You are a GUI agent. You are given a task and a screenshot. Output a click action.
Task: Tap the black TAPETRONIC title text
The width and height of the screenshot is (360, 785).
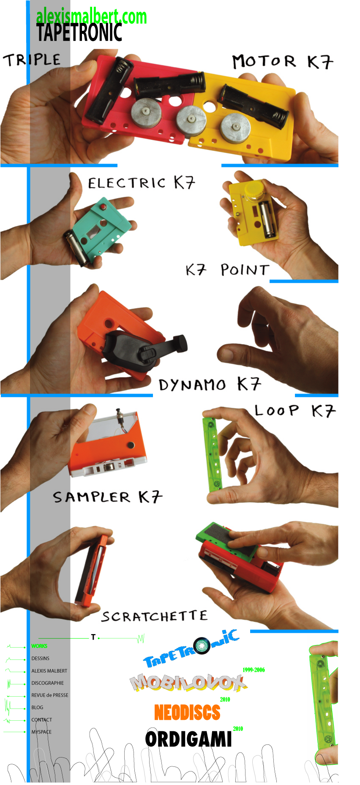pyautogui.click(x=79, y=33)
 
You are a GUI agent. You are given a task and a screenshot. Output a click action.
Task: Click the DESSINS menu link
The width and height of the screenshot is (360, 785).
pyautogui.click(x=40, y=658)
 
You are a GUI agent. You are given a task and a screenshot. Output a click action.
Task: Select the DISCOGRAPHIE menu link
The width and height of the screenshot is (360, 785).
pyautogui.click(x=48, y=683)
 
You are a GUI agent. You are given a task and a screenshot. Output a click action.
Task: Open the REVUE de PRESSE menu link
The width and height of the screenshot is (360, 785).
pyautogui.click(x=50, y=695)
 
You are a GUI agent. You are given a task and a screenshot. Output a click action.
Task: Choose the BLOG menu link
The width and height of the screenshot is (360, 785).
pyautogui.click(x=37, y=707)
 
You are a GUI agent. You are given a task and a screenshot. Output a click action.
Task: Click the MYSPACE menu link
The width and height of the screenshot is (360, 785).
pyautogui.click(x=41, y=732)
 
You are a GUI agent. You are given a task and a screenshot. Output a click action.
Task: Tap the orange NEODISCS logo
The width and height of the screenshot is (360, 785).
pyautogui.click(x=187, y=712)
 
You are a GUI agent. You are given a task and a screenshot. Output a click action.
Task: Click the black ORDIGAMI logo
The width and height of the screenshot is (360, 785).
pyautogui.click(x=188, y=739)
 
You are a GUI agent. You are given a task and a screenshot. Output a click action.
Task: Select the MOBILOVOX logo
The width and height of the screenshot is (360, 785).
pyautogui.click(x=188, y=683)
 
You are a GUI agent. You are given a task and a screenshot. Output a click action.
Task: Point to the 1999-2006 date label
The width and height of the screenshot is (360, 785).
pyautogui.click(x=254, y=670)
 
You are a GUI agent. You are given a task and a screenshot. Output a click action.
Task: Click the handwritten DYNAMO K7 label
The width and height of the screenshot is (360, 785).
pyautogui.click(x=210, y=384)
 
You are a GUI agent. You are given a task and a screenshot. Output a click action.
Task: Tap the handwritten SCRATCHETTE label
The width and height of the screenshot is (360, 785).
pyautogui.click(x=154, y=616)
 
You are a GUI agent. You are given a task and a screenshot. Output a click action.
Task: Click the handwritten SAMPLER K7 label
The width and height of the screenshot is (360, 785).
pyautogui.click(x=108, y=497)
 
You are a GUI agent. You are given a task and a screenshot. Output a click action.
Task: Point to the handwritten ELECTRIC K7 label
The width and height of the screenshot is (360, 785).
pyautogui.click(x=142, y=183)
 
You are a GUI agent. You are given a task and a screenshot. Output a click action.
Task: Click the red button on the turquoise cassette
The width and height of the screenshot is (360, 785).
pyautogui.click(x=102, y=207)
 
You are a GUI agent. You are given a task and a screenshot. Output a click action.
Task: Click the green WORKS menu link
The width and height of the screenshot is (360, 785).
pyautogui.click(x=39, y=646)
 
